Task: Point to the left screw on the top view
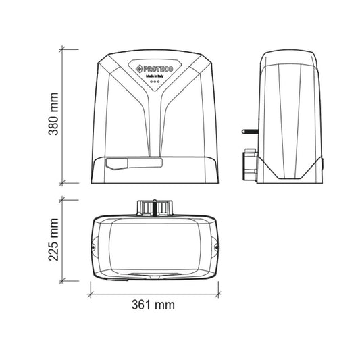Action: point(93,247)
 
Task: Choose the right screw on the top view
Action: point(217,247)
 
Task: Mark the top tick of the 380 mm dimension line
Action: point(63,49)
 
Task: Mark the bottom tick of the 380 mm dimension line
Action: point(63,182)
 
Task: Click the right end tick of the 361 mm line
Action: point(221,294)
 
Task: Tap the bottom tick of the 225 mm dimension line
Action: point(63,280)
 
